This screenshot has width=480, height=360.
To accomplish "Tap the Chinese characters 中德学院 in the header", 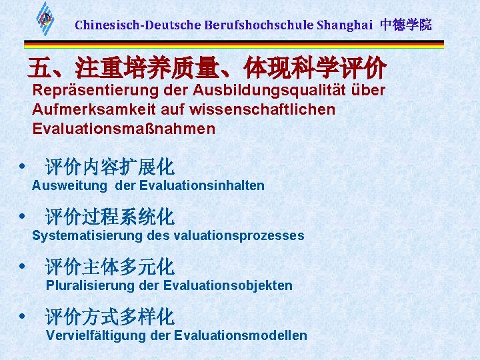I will (406, 25).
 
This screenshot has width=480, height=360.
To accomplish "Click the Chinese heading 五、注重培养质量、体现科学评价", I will (207, 67).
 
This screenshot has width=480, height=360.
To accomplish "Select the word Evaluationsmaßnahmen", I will (123, 128).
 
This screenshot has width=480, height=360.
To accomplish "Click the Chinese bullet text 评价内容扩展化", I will (109, 167).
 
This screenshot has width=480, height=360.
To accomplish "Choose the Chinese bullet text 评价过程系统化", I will (109, 217).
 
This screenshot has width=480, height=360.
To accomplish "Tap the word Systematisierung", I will (87, 235).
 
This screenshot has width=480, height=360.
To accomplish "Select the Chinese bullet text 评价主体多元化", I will (109, 267).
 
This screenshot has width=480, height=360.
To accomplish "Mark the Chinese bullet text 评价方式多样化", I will (109, 316).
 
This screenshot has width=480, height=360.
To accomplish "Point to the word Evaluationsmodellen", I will (240, 335).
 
